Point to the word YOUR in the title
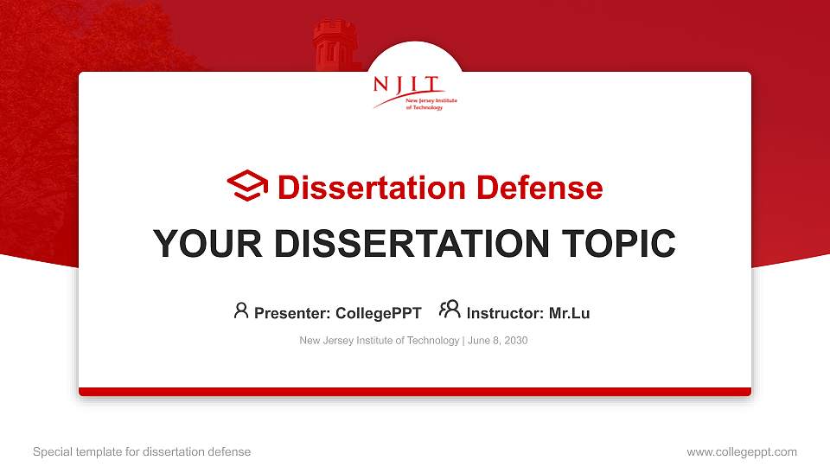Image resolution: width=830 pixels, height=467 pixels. click(x=201, y=244)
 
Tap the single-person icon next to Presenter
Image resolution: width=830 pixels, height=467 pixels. click(x=241, y=310)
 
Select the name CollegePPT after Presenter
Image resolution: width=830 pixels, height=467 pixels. click(x=378, y=313)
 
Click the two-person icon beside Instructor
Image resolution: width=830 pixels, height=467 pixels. click(x=450, y=310)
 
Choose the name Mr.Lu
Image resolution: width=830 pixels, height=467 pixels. click(x=569, y=313)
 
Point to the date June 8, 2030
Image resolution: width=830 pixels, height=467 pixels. click(x=498, y=341)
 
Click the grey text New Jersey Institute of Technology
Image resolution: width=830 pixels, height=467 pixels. click(x=379, y=341)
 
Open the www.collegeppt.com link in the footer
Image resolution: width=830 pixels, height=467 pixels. click(x=741, y=451)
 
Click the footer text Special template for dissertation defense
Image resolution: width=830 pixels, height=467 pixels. click(x=142, y=451)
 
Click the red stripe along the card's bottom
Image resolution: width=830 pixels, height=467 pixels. click(x=415, y=392)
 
